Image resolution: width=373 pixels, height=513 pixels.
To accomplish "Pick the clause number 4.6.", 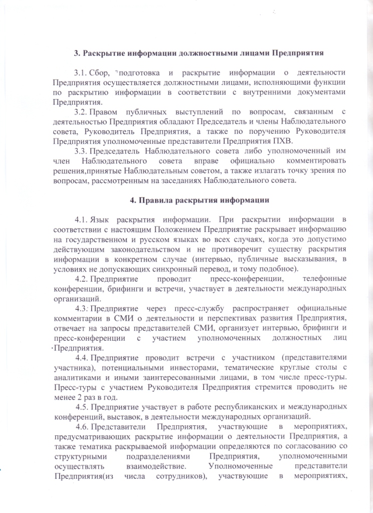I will tap(83, 426).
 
